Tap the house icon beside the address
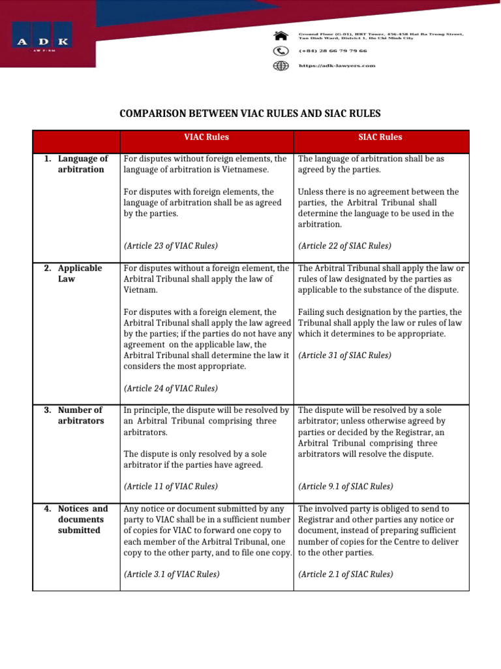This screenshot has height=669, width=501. coord(281,35)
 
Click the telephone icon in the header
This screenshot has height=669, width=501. coord(281,50)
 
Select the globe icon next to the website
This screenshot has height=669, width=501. coord(281,65)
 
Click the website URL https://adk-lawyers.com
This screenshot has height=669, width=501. coord(337,65)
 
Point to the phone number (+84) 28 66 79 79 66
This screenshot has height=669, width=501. coord(333,50)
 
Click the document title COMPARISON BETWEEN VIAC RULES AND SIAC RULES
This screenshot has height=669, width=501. coord(250,114)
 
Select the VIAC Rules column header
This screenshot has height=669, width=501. coord(206,137)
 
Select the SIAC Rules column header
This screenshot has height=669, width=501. coord(380,137)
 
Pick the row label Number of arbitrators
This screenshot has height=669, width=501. coord(80,416)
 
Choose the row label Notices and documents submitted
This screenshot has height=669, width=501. coord(82,519)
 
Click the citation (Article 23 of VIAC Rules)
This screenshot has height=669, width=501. coord(170,246)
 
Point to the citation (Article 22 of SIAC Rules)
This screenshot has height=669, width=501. coord(344,246)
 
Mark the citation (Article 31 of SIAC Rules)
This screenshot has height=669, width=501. coord(344,355)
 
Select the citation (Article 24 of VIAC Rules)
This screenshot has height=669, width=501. coord(170,388)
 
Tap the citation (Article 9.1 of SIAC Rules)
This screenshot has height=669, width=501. coord(346,487)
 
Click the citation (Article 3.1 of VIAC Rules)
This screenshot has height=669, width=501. coord(172,574)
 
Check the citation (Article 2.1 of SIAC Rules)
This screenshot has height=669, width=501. coord(346,574)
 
